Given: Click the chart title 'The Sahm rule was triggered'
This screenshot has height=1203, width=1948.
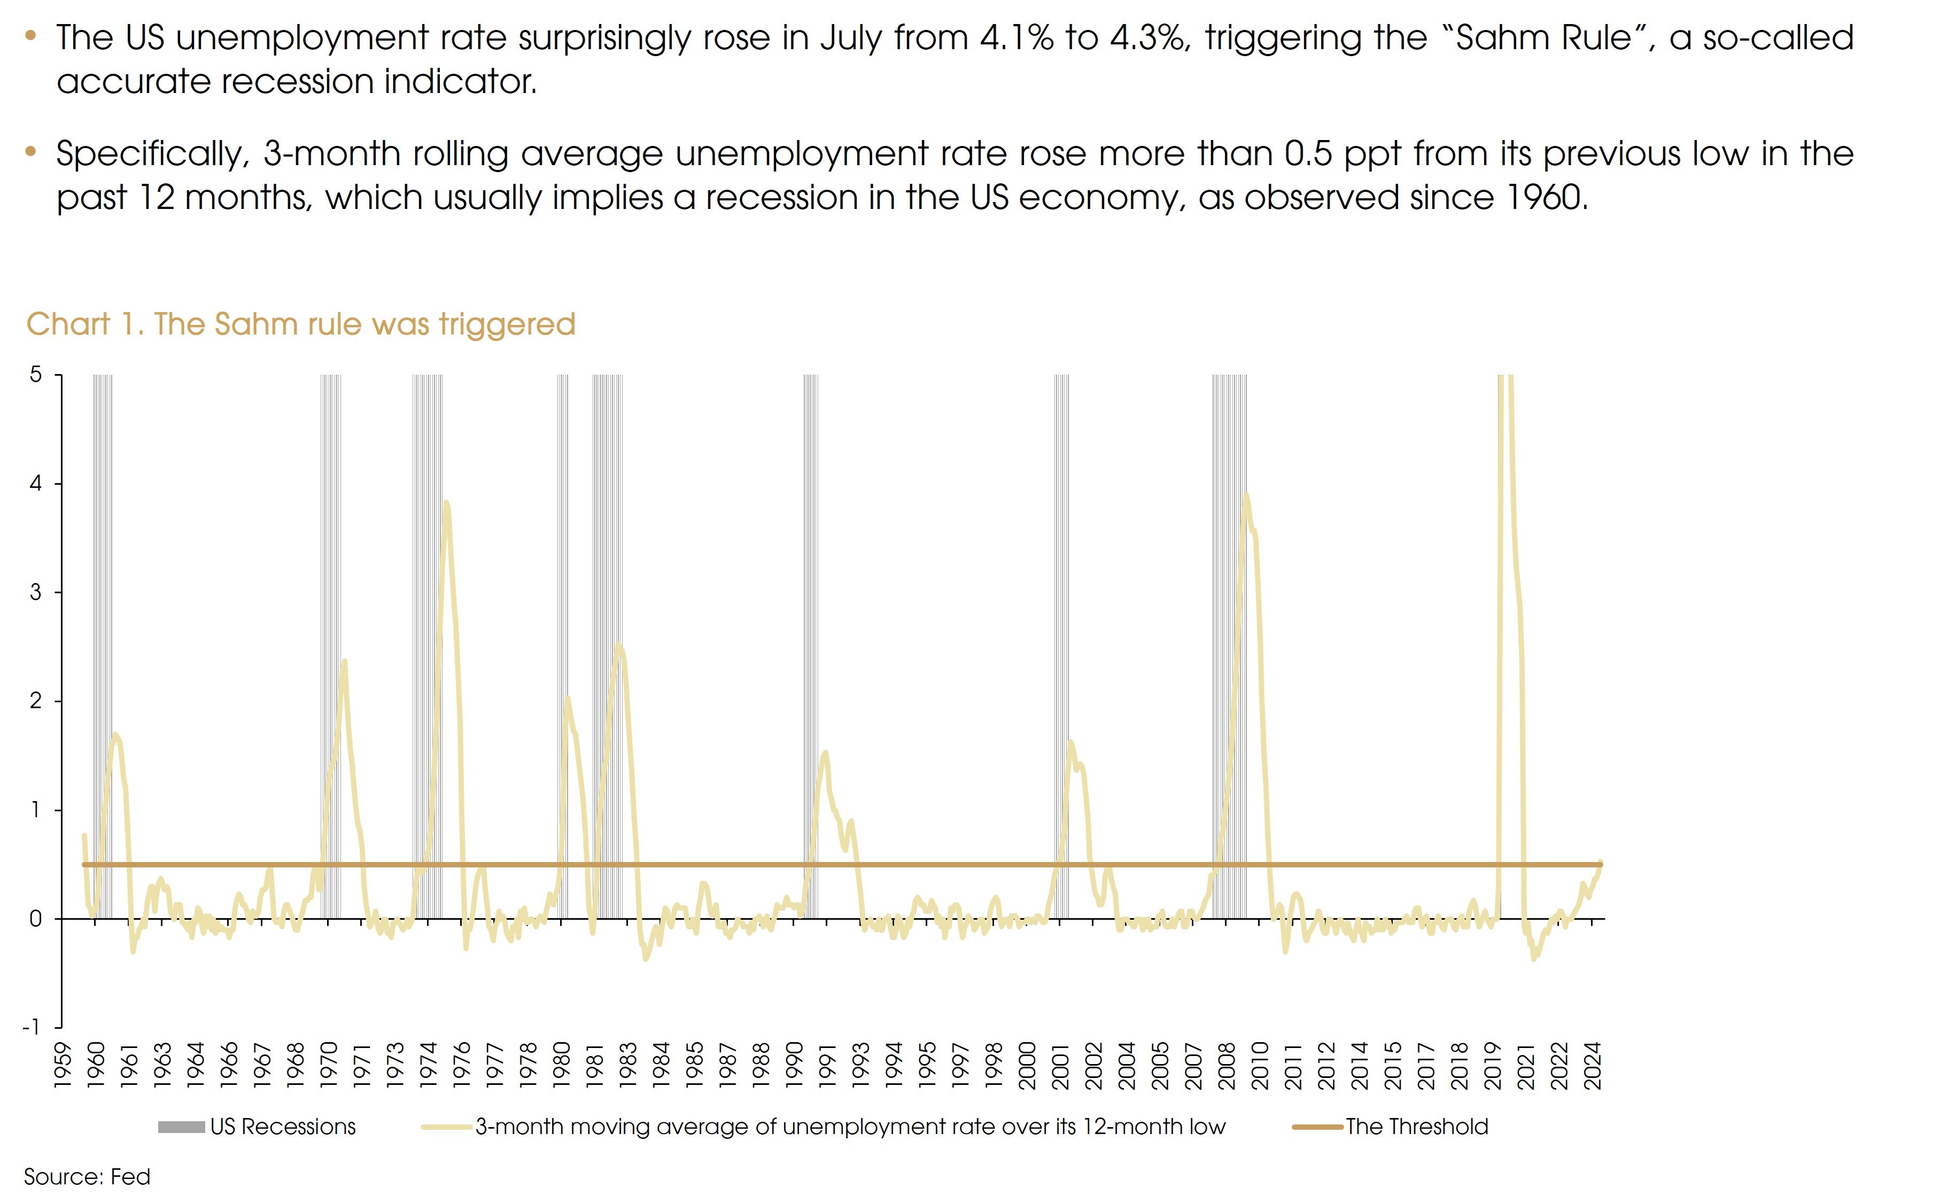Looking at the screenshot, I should (x=301, y=324).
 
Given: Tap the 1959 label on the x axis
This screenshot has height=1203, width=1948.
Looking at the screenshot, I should (x=62, y=1066).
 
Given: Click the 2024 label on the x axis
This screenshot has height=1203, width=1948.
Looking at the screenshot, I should (x=1593, y=1066).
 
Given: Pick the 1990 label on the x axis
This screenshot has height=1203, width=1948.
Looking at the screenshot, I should (x=794, y=1066).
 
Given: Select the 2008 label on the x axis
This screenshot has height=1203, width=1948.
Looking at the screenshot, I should (x=1227, y=1066).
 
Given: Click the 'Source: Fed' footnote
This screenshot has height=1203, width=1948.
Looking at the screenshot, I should (x=87, y=1177).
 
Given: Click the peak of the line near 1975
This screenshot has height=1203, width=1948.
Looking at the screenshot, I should (x=446, y=503).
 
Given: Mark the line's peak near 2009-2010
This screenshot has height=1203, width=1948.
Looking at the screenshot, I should (x=1246, y=495).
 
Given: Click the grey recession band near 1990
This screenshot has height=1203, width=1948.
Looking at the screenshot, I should (x=810, y=637).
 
